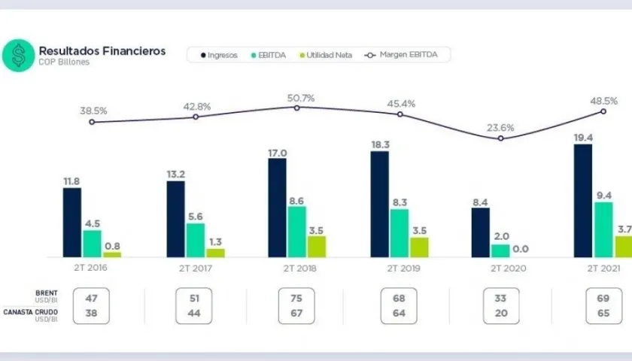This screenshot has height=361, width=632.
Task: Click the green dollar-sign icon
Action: point(18,56)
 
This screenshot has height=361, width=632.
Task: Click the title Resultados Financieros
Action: point(102,51)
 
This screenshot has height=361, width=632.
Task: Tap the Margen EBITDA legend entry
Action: point(406,55)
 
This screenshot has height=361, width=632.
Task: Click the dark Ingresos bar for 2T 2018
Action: point(277,208)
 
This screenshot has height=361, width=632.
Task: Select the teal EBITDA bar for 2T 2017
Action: point(195,240)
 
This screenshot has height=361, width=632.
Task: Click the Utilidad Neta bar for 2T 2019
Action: point(419,247)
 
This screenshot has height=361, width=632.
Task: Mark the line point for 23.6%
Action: point(500,138)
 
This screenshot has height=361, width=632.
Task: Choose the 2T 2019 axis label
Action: point(400,268)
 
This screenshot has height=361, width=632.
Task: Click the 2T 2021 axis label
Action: point(603,268)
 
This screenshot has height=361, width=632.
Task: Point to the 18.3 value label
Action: point(380,144)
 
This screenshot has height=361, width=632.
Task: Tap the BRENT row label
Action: point(47,293)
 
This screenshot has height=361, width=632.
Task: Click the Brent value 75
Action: point(296,298)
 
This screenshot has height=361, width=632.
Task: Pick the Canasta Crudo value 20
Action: point(501,313)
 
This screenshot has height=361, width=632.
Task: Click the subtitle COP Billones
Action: point(64,62)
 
